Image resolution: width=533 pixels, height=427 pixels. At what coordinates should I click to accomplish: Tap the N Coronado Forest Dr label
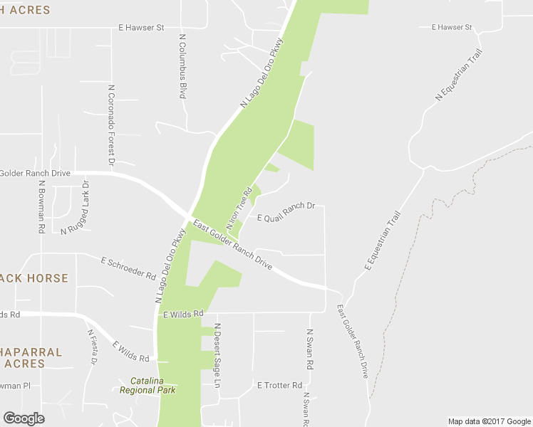pos(112,127)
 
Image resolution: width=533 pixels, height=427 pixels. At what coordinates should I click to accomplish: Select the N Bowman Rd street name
pos(41,207)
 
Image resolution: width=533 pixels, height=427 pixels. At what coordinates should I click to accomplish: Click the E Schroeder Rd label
pos(128,268)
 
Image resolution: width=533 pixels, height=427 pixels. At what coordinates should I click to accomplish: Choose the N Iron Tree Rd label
pos(240,208)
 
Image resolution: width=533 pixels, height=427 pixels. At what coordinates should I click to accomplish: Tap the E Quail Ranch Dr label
pos(286,212)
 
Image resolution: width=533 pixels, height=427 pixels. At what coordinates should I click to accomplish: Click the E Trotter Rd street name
pos(280,385)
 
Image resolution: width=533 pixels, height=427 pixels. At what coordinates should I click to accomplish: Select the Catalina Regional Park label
pos(148,386)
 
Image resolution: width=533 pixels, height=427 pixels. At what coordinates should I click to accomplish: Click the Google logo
pos(24,418)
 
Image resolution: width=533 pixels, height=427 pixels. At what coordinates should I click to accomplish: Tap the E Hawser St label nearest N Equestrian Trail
pos(452,27)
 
